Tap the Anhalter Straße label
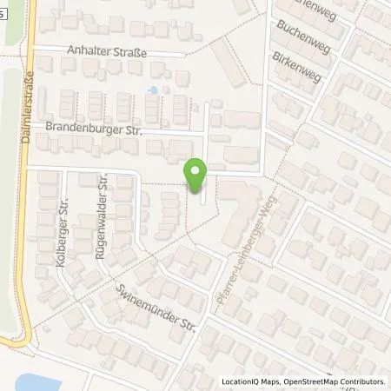pos(107,51)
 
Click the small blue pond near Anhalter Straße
pos(153,89)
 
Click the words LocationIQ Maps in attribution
pos(252,381)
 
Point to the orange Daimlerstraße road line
pos(28,217)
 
